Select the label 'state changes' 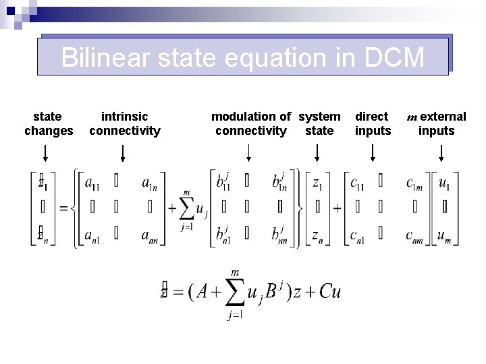coord(49,124)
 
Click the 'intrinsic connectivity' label coord(125,124)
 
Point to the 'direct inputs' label coord(373,124)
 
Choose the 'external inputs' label coord(437,124)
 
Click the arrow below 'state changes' coord(45,154)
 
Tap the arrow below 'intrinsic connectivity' coord(122,154)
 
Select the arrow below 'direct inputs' coord(373,154)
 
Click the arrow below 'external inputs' coord(441,154)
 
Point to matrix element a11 coord(93,182)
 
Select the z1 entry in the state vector coord(317,182)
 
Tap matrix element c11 coord(358,182)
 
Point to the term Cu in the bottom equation coord(329,291)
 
